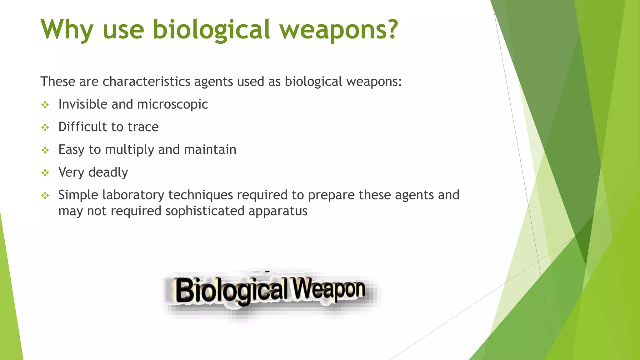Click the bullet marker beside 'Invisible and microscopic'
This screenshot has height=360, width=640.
point(45,105)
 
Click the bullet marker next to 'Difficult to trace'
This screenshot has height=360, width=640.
point(45,127)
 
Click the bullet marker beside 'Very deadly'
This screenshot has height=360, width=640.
point(45,173)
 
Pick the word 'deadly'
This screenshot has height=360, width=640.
point(108,172)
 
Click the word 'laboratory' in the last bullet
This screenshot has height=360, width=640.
point(133,195)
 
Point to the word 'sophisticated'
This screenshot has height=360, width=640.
point(205,211)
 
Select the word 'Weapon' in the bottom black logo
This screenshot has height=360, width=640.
point(328,289)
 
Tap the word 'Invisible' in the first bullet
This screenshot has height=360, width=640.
point(83,104)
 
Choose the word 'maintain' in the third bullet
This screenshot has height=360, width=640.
point(210,150)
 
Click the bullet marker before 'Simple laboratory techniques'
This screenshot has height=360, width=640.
point(45,196)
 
